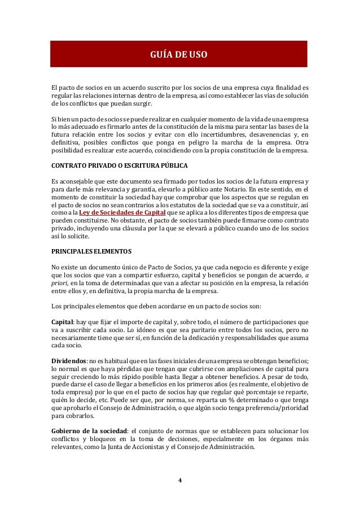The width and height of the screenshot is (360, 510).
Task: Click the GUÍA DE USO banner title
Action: (x=179, y=55)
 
